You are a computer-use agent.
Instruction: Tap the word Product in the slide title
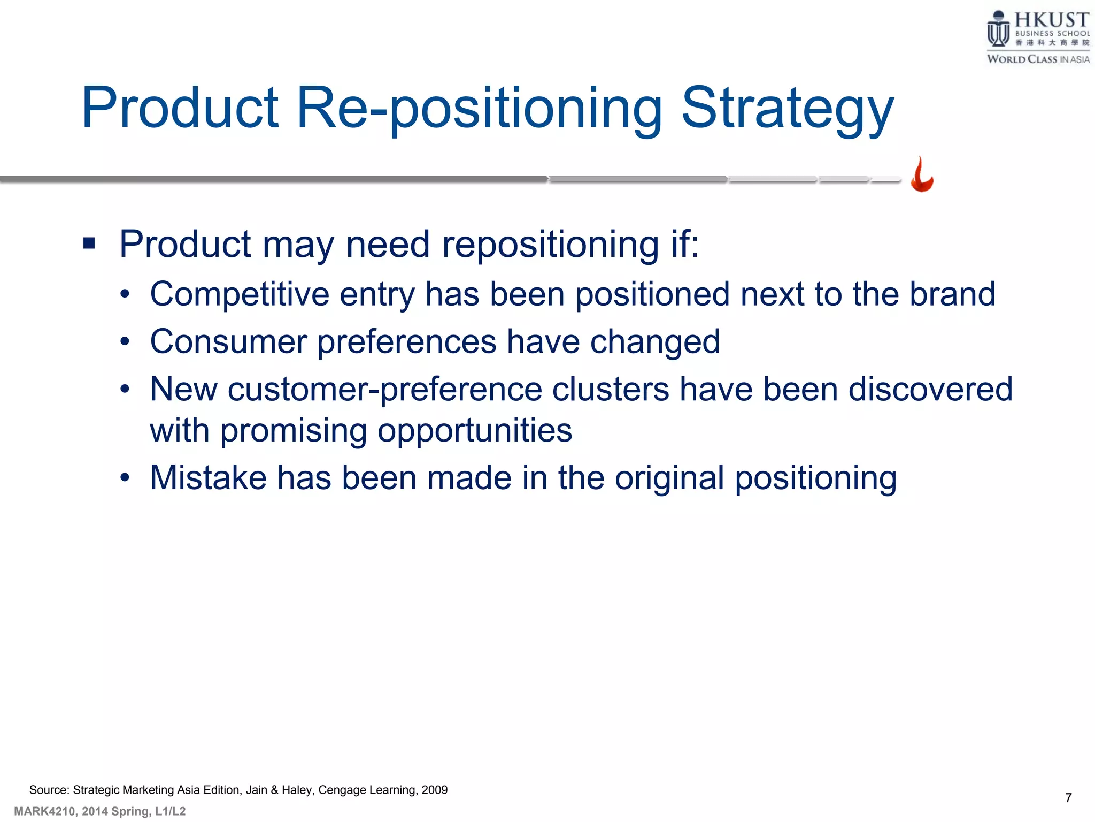[x=180, y=109]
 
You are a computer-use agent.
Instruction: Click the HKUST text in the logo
[x=1051, y=20]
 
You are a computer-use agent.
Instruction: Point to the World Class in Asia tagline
[x=1038, y=59]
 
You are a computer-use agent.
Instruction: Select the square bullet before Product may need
[x=89, y=244]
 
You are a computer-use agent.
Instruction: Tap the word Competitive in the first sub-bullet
[x=240, y=294]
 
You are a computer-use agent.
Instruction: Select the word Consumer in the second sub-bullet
[x=228, y=342]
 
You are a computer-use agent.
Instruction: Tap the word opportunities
[x=475, y=431]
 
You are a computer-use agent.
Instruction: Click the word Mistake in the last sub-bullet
[x=208, y=478]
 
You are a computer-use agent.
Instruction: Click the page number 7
[x=1068, y=798]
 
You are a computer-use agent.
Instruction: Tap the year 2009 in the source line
[x=434, y=790]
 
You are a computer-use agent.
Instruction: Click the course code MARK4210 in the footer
[x=45, y=811]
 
